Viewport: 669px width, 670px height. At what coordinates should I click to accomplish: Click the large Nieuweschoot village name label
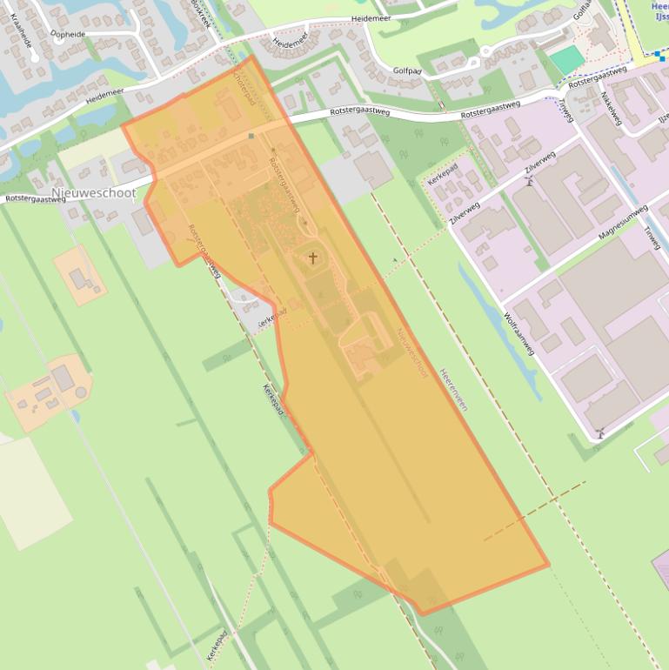(x=93, y=192)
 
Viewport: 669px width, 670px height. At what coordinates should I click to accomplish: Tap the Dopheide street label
(x=69, y=34)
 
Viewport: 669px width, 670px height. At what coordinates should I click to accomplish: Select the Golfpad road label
(x=407, y=70)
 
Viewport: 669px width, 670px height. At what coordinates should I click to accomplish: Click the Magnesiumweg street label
(x=623, y=223)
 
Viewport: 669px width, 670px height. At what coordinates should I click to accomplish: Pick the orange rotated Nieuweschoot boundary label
(x=411, y=352)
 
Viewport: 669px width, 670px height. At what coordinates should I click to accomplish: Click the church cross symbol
(x=313, y=258)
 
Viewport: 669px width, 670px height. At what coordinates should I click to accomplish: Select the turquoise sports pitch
(x=567, y=60)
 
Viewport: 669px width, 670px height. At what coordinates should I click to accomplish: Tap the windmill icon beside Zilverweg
(x=528, y=180)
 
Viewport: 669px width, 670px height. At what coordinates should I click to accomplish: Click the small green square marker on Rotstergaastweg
(x=251, y=136)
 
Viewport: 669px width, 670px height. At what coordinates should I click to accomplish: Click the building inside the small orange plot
(x=77, y=278)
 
